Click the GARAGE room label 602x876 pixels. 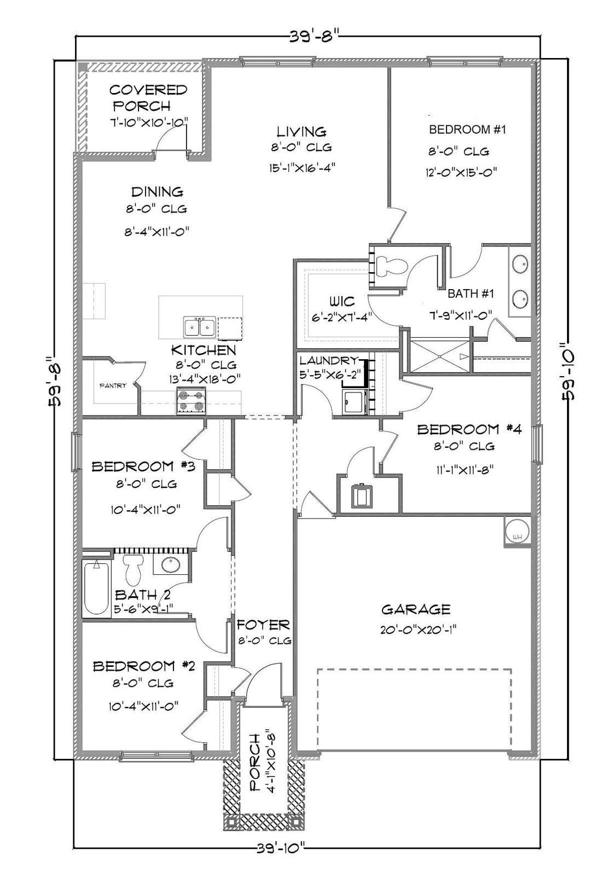(x=416, y=609)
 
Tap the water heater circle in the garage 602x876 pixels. (x=516, y=531)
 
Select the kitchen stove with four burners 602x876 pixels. (x=191, y=401)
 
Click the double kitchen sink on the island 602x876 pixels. (x=199, y=327)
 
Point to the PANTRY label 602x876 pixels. (x=113, y=385)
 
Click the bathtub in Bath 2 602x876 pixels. (x=96, y=587)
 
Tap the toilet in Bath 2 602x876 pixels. (x=133, y=569)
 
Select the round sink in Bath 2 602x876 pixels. (x=171, y=564)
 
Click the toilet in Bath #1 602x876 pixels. (x=392, y=266)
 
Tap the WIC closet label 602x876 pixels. (x=341, y=301)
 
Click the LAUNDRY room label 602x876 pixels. (x=328, y=360)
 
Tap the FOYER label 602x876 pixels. (x=263, y=625)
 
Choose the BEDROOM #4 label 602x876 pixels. (x=469, y=429)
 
